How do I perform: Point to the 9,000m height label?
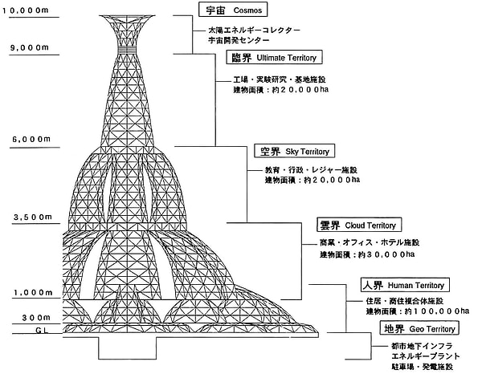click(27, 47)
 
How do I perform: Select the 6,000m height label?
click(27, 140)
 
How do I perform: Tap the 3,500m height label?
click(27, 217)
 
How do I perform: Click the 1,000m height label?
click(27, 292)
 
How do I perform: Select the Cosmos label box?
click(233, 10)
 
